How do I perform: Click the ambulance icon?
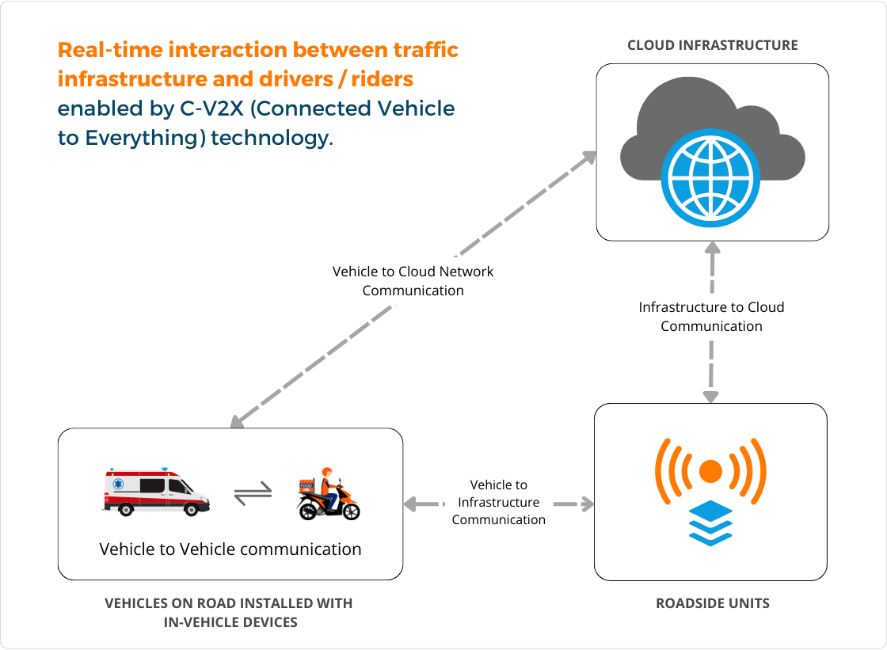point(156,492)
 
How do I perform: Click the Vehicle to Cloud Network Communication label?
point(413,281)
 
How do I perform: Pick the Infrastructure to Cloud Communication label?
point(711,317)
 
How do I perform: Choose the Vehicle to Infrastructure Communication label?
point(499,502)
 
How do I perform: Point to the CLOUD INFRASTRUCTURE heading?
point(712,45)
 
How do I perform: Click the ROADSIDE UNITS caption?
point(712,603)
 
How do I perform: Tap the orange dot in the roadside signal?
point(710,471)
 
